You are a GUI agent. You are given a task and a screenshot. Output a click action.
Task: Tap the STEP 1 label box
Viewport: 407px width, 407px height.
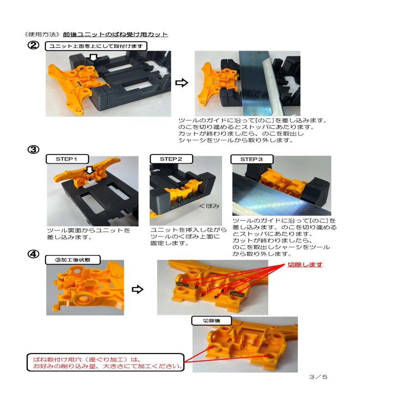(66, 159)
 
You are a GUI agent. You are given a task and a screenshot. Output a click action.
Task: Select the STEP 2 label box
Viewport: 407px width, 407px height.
(170, 159)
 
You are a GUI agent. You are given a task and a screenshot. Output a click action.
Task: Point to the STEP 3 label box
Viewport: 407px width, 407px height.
(251, 159)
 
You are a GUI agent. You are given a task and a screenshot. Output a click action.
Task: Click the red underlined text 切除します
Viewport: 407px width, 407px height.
(305, 264)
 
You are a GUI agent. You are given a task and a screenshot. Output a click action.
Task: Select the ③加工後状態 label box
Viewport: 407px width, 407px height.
(73, 260)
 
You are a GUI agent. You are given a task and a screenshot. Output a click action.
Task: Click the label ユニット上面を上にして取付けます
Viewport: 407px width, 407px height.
(96, 47)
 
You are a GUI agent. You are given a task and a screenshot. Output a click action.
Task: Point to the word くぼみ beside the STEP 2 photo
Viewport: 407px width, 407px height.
(209, 206)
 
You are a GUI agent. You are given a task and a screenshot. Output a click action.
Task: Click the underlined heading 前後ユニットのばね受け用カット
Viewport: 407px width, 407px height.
(115, 34)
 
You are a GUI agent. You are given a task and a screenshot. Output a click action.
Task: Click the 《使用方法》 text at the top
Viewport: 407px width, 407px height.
(43, 34)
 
